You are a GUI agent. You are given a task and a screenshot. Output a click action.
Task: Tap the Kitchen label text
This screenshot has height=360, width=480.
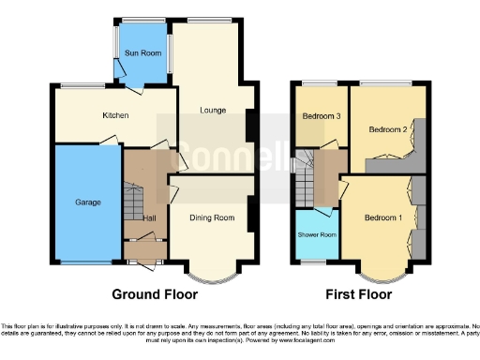point(115,116)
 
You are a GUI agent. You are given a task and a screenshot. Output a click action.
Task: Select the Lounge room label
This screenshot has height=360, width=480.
point(212,111)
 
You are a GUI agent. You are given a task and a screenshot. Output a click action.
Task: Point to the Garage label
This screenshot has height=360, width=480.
point(88,202)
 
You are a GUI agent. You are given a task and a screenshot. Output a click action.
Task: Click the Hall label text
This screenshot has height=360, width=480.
point(149,218)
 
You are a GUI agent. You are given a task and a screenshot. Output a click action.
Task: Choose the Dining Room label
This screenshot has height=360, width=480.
point(211,218)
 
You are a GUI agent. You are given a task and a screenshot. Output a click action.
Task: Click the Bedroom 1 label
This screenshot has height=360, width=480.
point(382,218)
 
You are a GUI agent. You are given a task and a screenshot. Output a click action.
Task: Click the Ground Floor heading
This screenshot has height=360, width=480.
point(155,293)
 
